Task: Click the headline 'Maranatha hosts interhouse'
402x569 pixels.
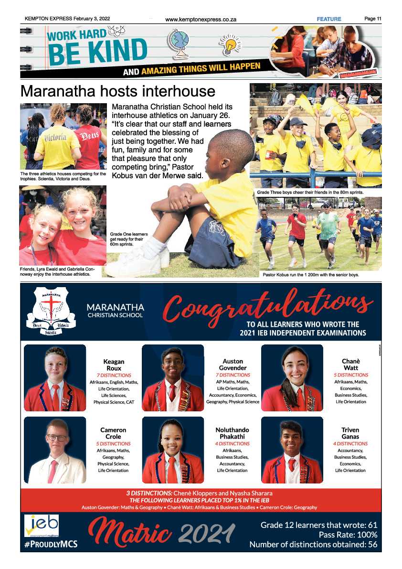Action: click(x=117, y=91)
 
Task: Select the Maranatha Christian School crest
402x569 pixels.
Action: click(x=51, y=311)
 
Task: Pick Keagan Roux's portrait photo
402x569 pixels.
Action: click(x=55, y=378)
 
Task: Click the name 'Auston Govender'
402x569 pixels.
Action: click(x=233, y=365)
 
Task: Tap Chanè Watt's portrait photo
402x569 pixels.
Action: click(x=292, y=378)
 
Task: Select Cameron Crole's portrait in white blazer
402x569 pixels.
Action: click(x=55, y=450)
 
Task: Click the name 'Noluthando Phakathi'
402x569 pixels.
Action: click(x=232, y=433)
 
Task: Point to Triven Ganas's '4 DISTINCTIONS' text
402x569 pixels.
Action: click(x=350, y=444)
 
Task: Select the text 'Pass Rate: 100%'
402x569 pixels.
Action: click(x=348, y=535)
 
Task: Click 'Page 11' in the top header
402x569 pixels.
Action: click(x=372, y=19)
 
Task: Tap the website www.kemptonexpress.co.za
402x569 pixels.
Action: click(x=201, y=20)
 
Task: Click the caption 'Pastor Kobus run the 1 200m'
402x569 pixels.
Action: click(x=310, y=275)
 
